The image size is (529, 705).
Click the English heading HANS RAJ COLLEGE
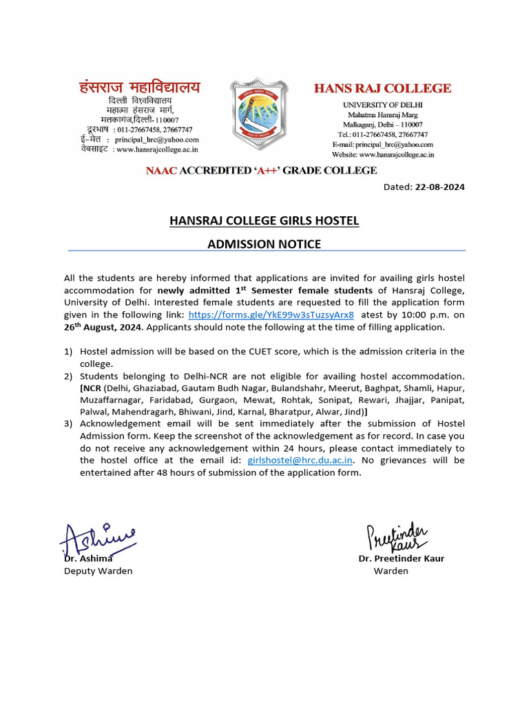pos(382,88)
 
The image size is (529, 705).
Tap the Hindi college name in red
pos(141,87)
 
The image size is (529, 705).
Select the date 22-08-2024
pos(440,187)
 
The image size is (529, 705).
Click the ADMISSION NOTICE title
pos(264,244)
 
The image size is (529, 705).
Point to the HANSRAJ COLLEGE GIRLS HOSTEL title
pos(264,221)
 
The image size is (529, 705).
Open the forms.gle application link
pos(271,315)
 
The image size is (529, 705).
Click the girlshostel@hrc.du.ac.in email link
pos(300,460)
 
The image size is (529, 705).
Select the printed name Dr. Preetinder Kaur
pos(401,558)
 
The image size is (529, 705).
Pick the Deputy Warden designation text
pos(98,571)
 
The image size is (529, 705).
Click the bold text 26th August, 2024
pos(103,327)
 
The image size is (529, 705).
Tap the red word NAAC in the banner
pos(160,170)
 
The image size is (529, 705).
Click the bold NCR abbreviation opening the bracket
pos(92,388)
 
